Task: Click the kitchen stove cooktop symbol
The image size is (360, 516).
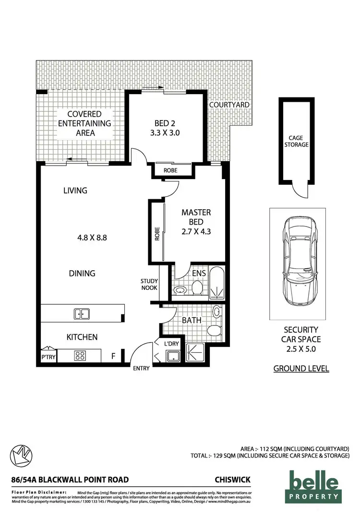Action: (80, 356)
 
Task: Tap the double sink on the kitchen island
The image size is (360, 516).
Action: (81, 314)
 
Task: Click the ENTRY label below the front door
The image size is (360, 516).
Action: (141, 369)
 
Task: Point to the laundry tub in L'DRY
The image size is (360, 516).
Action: (172, 356)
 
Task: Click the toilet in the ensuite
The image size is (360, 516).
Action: (197, 288)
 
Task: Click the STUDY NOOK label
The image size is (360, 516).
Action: (149, 284)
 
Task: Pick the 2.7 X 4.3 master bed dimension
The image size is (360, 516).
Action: (196, 231)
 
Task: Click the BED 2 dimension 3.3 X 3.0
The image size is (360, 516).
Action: (167, 133)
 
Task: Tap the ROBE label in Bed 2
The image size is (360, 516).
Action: (170, 169)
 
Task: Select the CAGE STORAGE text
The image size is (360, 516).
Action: (296, 141)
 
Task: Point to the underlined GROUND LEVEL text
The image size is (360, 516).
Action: (301, 369)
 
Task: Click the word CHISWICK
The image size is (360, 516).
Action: (233, 480)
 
